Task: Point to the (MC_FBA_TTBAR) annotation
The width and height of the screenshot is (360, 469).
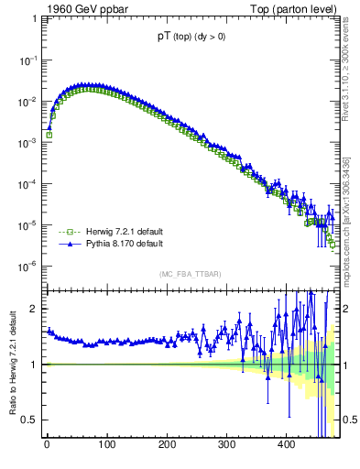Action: click(189, 274)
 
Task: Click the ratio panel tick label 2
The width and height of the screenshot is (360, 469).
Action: click(35, 309)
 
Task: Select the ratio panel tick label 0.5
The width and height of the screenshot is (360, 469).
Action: click(31, 420)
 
